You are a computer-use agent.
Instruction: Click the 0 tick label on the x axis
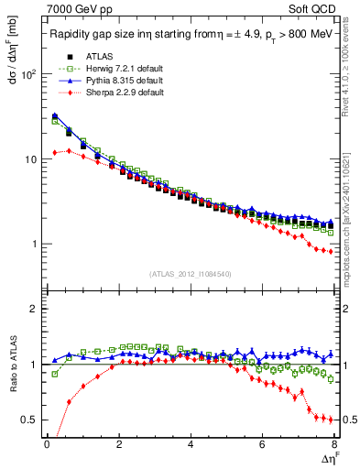46,446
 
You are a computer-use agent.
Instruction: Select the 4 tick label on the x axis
190,446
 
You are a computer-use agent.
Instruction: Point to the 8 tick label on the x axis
333,446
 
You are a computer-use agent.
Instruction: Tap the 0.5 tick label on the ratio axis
29,420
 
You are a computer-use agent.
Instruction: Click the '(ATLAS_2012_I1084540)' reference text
191,274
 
